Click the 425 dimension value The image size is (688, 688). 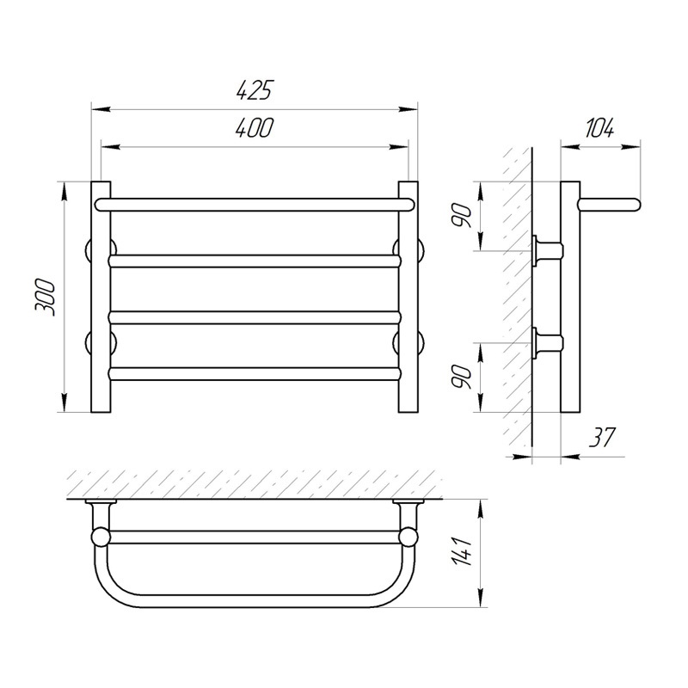[x=255, y=90]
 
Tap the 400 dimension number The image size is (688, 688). [x=255, y=127]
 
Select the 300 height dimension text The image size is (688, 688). [x=46, y=298]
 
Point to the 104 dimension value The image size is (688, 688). [x=599, y=127]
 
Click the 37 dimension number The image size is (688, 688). [x=602, y=437]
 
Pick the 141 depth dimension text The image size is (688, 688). [x=464, y=552]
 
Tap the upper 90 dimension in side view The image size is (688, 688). [x=464, y=216]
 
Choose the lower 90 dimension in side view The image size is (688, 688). [x=464, y=377]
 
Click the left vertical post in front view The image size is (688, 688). [x=101, y=297]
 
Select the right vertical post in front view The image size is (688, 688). [x=408, y=297]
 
